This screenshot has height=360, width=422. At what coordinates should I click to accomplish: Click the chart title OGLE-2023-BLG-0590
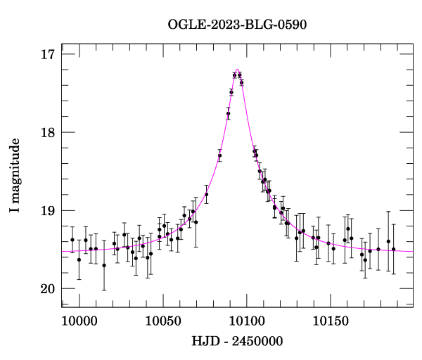click(x=237, y=25)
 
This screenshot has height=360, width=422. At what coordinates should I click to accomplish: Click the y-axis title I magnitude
click(x=15, y=177)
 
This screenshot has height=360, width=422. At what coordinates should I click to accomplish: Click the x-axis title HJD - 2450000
click(x=237, y=342)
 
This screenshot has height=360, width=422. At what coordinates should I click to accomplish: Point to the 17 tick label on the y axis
click(x=49, y=54)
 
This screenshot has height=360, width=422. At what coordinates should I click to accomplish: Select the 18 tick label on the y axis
click(x=49, y=132)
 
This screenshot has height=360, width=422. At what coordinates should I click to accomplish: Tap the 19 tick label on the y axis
click(x=49, y=210)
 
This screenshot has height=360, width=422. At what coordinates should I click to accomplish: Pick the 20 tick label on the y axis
click(x=49, y=288)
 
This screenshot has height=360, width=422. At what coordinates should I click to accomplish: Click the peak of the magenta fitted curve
click(x=237, y=70)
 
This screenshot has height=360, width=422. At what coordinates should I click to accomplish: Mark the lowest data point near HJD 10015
click(x=104, y=265)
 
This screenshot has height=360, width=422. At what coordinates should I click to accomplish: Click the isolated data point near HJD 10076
click(x=206, y=194)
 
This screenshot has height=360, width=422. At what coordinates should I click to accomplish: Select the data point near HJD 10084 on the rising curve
click(x=219, y=155)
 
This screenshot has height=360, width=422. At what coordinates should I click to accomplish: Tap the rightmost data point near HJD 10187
click(x=393, y=249)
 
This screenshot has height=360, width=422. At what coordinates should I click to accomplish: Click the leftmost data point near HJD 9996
click(x=72, y=240)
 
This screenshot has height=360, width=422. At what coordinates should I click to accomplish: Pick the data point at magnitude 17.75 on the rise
click(x=228, y=113)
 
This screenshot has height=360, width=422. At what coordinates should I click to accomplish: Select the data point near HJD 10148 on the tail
click(x=328, y=243)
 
